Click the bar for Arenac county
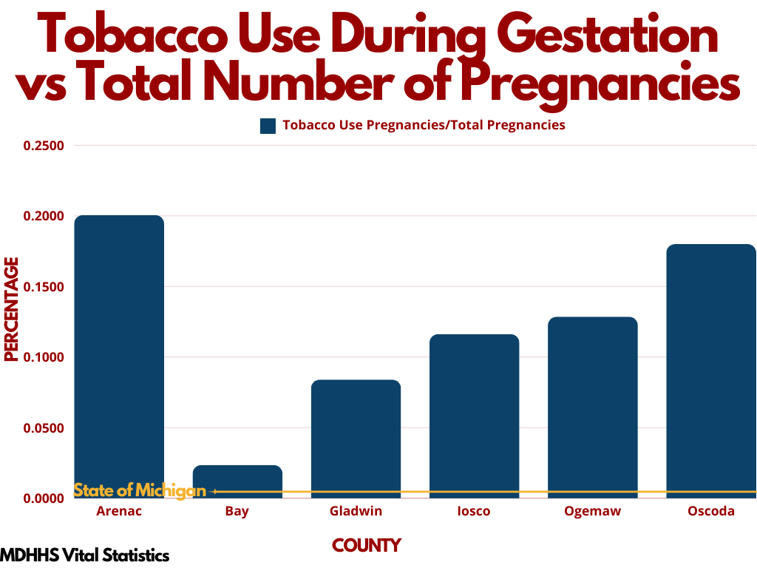pyautogui.click(x=119, y=355)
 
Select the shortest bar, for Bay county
pyautogui.click(x=237, y=479)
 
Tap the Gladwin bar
pyautogui.click(x=356, y=436)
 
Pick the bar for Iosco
pyautogui.click(x=474, y=414)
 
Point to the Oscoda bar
pyautogui.click(x=710, y=370)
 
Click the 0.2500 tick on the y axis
pyautogui.click(x=44, y=146)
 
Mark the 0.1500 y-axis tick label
pyautogui.click(x=44, y=287)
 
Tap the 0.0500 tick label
pyautogui.click(x=44, y=428)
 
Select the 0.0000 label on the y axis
pyautogui.click(x=44, y=498)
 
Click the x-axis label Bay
pyautogui.click(x=237, y=512)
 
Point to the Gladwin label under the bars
pyautogui.click(x=356, y=512)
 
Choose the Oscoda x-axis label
pyautogui.click(x=710, y=512)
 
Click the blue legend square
pyautogui.click(x=268, y=126)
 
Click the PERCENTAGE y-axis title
pyautogui.click(x=11, y=309)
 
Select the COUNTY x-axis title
pyautogui.click(x=367, y=546)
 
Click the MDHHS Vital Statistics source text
pyautogui.click(x=84, y=555)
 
